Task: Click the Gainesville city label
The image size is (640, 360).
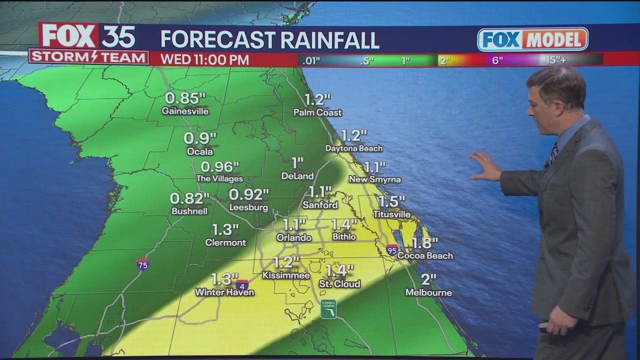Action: pyautogui.click(x=185, y=111)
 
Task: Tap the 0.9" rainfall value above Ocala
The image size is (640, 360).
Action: pyautogui.click(x=200, y=138)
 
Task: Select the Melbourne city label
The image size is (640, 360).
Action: pyautogui.click(x=428, y=292)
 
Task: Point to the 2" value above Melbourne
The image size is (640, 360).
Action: pyautogui.click(x=428, y=279)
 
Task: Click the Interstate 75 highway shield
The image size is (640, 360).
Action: pyautogui.click(x=143, y=264)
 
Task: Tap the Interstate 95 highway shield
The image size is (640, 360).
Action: pyautogui.click(x=392, y=249)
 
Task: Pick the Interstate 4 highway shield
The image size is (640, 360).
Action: pyautogui.click(x=242, y=285)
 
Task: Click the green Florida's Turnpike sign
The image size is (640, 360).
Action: pyautogui.click(x=328, y=308)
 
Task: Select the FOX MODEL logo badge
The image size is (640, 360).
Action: pyautogui.click(x=532, y=39)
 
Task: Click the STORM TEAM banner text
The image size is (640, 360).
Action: pyautogui.click(x=88, y=57)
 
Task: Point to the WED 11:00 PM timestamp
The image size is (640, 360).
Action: pyautogui.click(x=204, y=60)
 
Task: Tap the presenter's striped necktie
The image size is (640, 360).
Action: pyautogui.click(x=552, y=154)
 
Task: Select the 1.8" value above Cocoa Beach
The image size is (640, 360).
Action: pyautogui.click(x=424, y=243)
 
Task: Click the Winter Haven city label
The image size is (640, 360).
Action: pyautogui.click(x=224, y=292)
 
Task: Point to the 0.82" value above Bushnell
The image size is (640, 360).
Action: pyautogui.click(x=189, y=198)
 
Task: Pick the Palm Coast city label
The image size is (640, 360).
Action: pyautogui.click(x=317, y=112)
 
